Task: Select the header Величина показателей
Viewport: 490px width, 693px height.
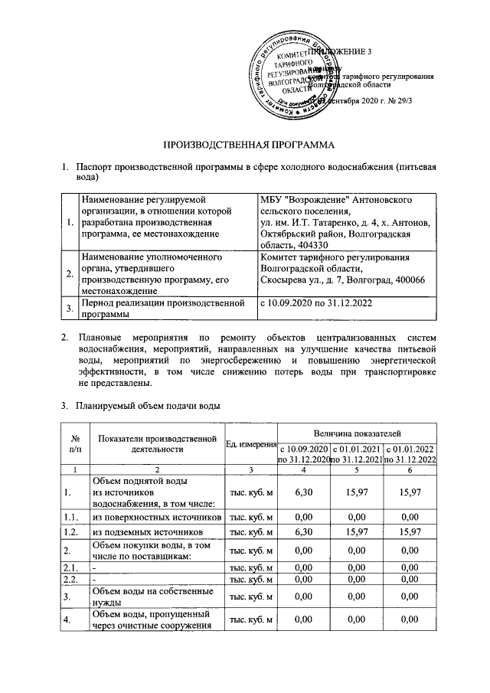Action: [357, 434]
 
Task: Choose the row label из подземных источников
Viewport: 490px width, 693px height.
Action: [147, 531]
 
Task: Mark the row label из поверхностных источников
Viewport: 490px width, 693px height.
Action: [157, 518]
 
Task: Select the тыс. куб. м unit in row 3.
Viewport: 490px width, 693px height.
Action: [250, 597]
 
